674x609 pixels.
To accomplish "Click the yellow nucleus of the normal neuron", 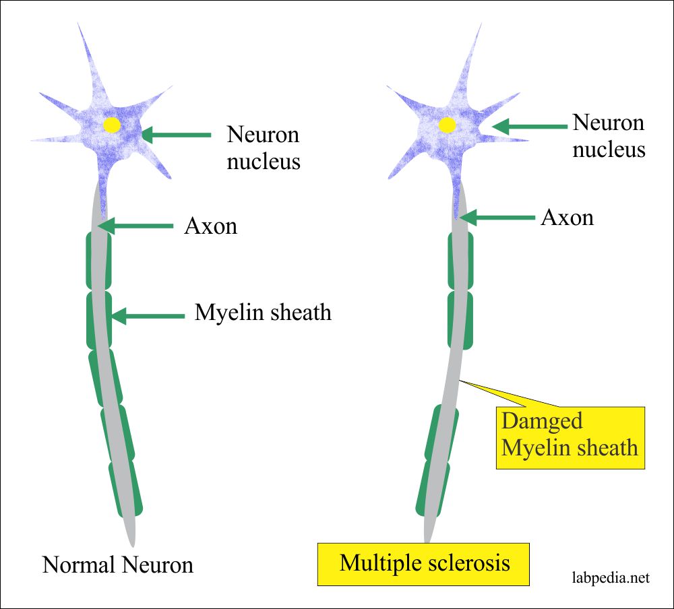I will click(x=112, y=125).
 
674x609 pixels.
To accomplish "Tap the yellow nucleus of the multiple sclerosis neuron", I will click(x=446, y=125).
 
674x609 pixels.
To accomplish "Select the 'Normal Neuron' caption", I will click(x=118, y=564).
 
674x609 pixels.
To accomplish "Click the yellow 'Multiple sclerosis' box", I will click(x=423, y=563).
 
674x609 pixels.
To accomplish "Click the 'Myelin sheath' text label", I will click(x=263, y=313).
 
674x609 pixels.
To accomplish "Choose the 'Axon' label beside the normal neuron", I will click(x=210, y=226).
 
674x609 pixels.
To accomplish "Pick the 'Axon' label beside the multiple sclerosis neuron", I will click(x=567, y=217).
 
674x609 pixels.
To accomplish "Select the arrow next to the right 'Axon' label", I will click(x=497, y=217).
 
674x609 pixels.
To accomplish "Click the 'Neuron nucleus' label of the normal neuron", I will click(x=263, y=148).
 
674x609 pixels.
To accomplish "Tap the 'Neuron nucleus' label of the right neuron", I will click(x=609, y=135).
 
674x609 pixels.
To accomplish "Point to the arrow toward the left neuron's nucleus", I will click(x=177, y=135).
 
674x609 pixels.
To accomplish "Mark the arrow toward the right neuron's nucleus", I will click(x=529, y=126).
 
